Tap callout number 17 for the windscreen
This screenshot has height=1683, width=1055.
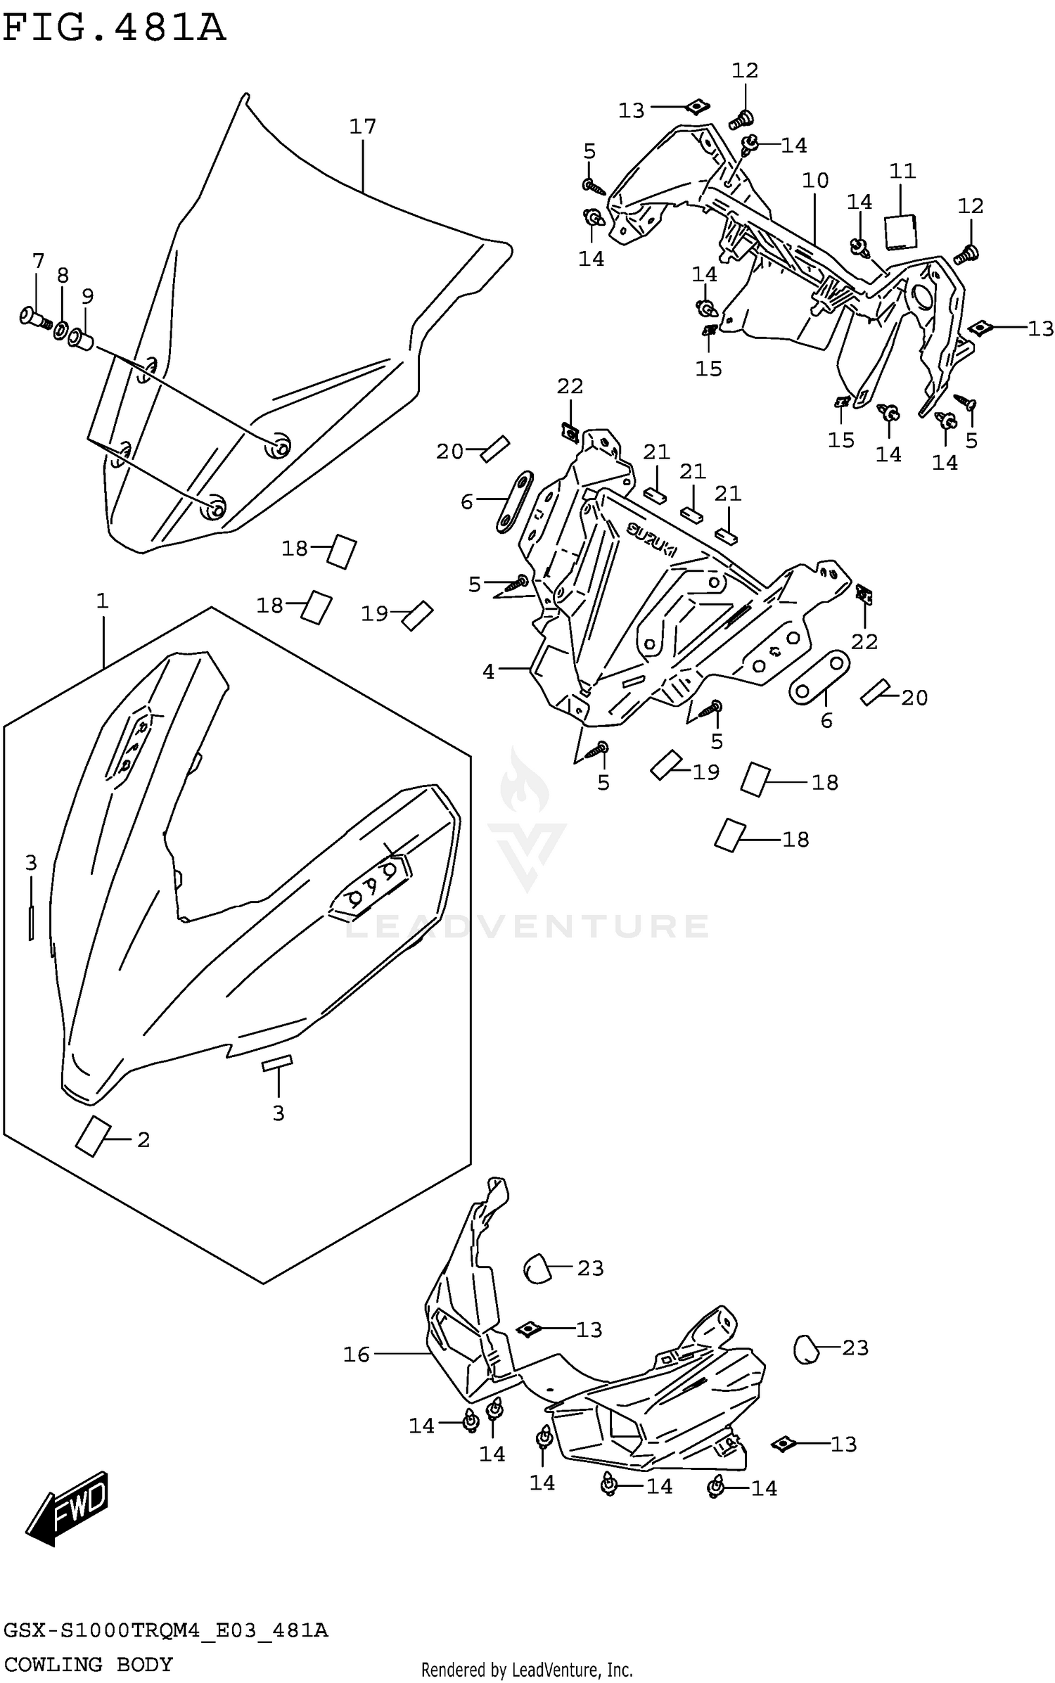tap(363, 127)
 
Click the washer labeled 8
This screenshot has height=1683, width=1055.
tap(62, 329)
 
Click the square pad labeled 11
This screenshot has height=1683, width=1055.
tap(900, 232)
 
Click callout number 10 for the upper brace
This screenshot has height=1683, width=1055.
tap(815, 181)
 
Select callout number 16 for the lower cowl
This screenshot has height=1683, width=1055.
tap(357, 1354)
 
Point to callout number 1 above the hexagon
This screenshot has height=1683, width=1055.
tap(103, 601)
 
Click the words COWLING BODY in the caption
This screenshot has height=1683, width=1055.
tap(89, 1664)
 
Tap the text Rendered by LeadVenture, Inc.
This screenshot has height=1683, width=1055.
tap(527, 1670)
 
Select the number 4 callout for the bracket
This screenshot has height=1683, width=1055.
tap(488, 672)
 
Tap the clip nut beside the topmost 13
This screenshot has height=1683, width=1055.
tap(696, 107)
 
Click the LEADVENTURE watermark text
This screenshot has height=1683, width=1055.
tap(527, 926)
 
